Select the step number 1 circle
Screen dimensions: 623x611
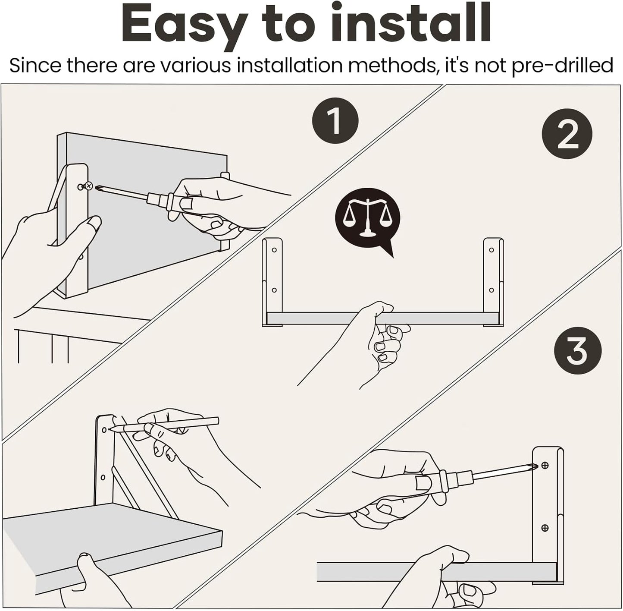(x=335, y=121)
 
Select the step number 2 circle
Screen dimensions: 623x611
(x=567, y=134)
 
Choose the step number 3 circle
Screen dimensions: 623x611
(x=577, y=351)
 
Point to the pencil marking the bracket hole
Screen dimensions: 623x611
(x=164, y=425)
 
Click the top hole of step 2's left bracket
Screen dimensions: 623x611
(x=274, y=250)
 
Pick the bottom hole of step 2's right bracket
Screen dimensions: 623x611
(x=492, y=290)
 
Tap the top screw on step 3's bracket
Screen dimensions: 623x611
(x=545, y=466)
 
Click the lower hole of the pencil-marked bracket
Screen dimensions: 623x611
(x=103, y=477)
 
